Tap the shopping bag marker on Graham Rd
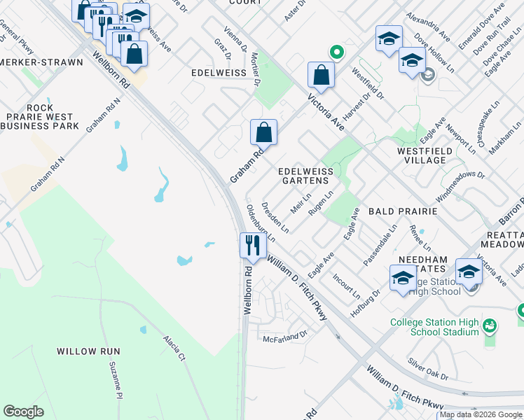coord(264,132)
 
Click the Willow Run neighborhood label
coord(88,351)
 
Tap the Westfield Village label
coord(422,155)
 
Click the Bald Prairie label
coord(403,211)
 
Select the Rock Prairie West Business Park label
coord(39,117)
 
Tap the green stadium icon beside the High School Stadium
coord(490,325)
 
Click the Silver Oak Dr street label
coord(429,370)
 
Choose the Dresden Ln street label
coord(275,218)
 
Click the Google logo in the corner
coord(23,412)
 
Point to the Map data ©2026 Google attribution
coord(481,414)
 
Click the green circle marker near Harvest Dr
coord(336,51)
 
